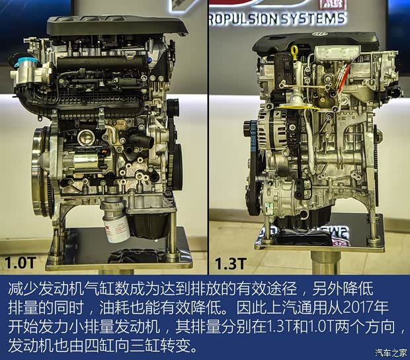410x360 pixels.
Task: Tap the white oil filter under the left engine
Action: coord(113,222)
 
